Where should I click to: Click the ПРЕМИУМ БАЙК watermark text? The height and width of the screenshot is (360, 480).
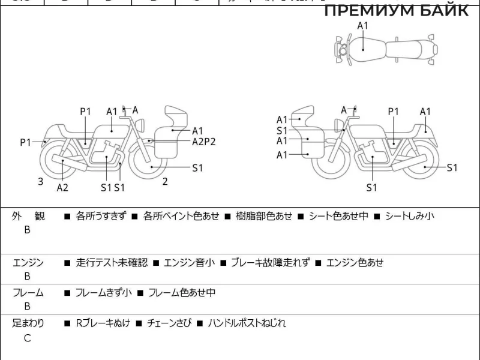point(396,11)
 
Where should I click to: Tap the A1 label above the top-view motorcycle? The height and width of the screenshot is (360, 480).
point(363,25)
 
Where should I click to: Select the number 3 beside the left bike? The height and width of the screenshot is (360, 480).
point(41,181)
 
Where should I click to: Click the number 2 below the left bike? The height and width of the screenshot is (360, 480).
point(164,181)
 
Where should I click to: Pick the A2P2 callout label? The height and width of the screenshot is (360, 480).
point(203,142)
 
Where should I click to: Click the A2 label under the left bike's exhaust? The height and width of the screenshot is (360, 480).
point(62,188)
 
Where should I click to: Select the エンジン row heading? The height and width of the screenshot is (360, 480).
point(28,262)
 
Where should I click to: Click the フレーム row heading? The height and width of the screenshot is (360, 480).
point(28,293)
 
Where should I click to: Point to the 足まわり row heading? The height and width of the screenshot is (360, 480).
point(28,323)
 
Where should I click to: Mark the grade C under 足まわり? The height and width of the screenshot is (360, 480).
point(27,338)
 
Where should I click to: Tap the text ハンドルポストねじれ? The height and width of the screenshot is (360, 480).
point(247,323)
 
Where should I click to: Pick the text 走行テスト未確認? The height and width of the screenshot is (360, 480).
point(112,262)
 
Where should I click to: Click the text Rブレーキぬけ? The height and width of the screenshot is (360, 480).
point(101,323)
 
